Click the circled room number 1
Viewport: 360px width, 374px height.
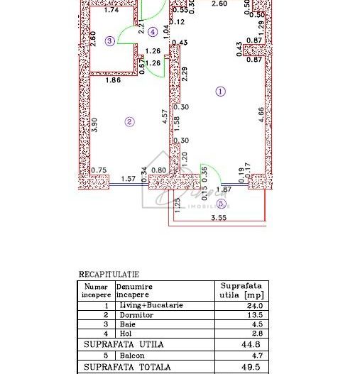(221, 91)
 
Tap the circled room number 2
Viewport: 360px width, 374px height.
(129, 121)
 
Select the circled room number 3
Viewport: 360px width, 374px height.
(109, 41)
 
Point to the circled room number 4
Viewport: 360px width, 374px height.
(153, 31)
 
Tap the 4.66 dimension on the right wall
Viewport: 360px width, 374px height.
(261, 116)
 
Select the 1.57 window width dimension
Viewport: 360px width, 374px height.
(129, 180)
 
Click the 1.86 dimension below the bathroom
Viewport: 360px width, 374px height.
(113, 82)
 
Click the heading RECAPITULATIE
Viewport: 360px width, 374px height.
(109, 274)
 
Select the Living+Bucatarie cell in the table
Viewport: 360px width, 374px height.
(151, 305)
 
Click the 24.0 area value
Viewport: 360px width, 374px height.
(255, 305)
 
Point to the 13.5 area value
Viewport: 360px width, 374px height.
(255, 314)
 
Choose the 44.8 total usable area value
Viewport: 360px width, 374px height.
(252, 344)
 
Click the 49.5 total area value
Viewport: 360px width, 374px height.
(252, 367)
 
